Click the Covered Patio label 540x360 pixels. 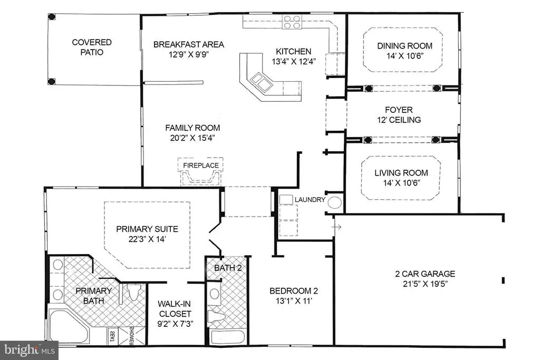(x=92, y=47)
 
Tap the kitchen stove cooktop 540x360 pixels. (x=292, y=22)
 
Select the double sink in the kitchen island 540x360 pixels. (x=261, y=82)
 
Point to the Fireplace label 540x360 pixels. (x=201, y=166)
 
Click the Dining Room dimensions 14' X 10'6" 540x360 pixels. (x=404, y=56)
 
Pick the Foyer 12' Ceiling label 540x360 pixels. (x=399, y=115)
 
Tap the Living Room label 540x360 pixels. (x=401, y=173)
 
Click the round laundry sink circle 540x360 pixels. (x=334, y=202)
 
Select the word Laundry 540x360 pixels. (x=310, y=200)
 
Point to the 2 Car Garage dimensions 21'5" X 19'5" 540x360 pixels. (x=425, y=284)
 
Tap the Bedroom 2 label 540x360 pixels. (x=294, y=291)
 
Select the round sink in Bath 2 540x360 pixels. (x=215, y=294)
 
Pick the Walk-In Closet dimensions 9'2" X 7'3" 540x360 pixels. (x=175, y=324)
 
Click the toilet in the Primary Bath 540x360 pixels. (x=132, y=292)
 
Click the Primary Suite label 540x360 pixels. (x=147, y=229)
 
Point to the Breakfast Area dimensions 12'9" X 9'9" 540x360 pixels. (x=189, y=54)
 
